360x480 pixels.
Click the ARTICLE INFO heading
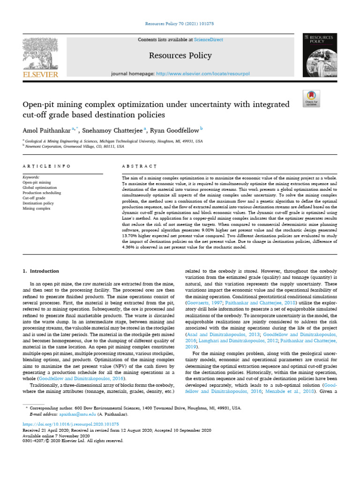point(46,166)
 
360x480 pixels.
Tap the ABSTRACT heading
point(139,166)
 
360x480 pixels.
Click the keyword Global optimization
point(40,187)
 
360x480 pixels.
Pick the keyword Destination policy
point(38,203)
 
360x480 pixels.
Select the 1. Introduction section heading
point(41,271)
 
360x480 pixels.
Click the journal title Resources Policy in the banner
point(180,56)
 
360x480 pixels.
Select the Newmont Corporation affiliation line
point(75,146)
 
